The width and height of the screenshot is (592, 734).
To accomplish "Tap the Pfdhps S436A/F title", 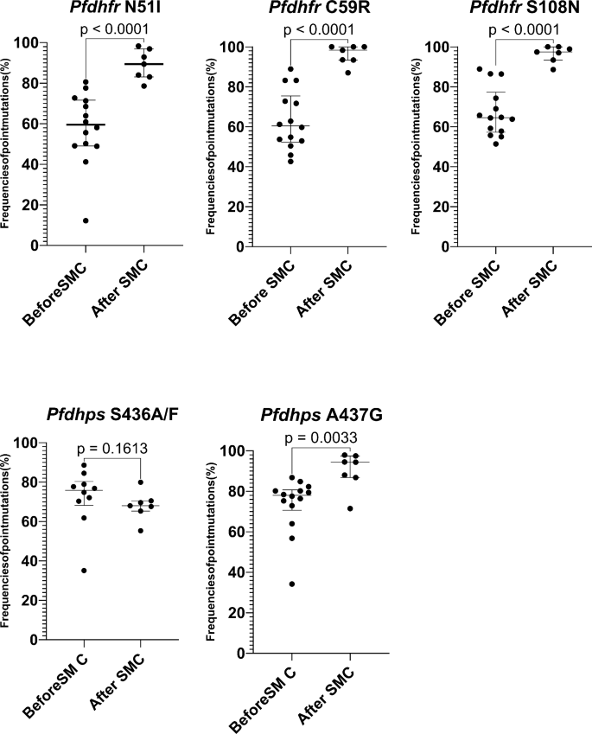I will click(x=112, y=415).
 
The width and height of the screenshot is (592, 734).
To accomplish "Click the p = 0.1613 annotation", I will click(x=112, y=449).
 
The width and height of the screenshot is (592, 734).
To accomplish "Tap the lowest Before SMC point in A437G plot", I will click(x=291, y=584).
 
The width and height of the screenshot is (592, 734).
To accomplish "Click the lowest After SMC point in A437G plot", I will click(x=349, y=508).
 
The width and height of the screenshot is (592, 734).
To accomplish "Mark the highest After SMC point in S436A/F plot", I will click(x=141, y=482).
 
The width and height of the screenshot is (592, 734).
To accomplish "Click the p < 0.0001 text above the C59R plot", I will click(x=319, y=29).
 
